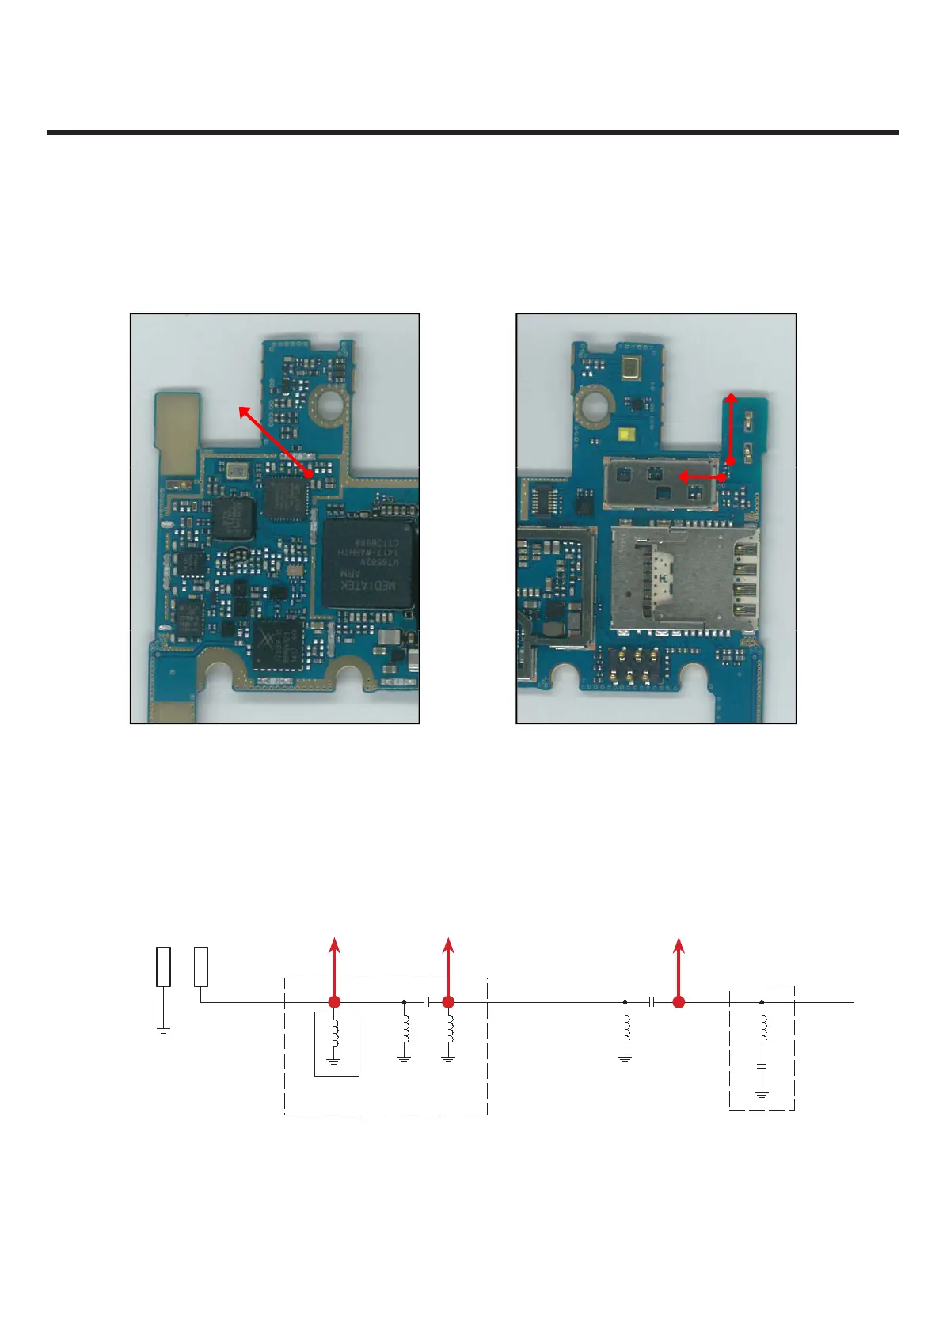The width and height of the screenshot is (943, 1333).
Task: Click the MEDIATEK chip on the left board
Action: [368, 564]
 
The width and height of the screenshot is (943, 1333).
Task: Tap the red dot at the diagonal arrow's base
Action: [309, 473]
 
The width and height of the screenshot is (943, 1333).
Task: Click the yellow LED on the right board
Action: [628, 435]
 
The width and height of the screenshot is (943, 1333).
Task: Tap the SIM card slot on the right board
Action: [683, 578]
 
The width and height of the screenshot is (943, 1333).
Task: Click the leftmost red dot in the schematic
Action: [335, 1002]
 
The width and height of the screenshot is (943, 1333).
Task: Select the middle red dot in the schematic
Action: [448, 1002]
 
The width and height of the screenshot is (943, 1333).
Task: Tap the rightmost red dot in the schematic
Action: [679, 1002]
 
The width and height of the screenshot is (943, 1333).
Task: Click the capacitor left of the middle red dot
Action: [427, 1002]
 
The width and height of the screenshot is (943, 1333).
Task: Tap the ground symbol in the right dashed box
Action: [762, 1096]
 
